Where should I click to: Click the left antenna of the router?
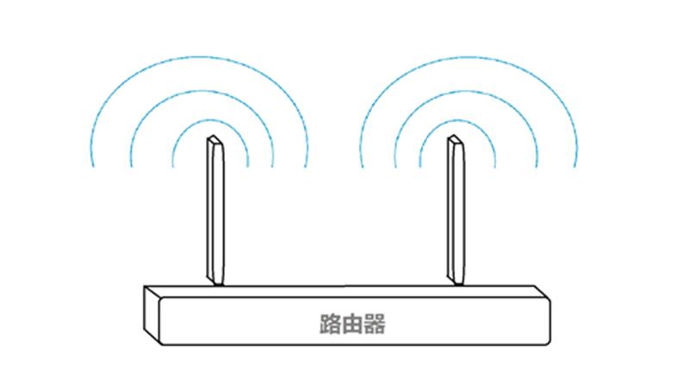point(215,211)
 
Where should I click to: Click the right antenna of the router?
point(456,211)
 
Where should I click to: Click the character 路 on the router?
point(330,324)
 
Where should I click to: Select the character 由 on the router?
point(352,324)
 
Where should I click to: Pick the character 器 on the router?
point(375,324)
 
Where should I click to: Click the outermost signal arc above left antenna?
point(201,57)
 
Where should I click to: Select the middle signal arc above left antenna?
point(202,91)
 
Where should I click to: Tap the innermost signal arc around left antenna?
point(210,120)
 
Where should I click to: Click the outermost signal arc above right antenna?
point(469,57)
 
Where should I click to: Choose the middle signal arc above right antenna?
point(466,91)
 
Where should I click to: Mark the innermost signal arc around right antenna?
point(458,120)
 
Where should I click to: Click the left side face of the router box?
point(152,315)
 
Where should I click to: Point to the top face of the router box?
point(347,291)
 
